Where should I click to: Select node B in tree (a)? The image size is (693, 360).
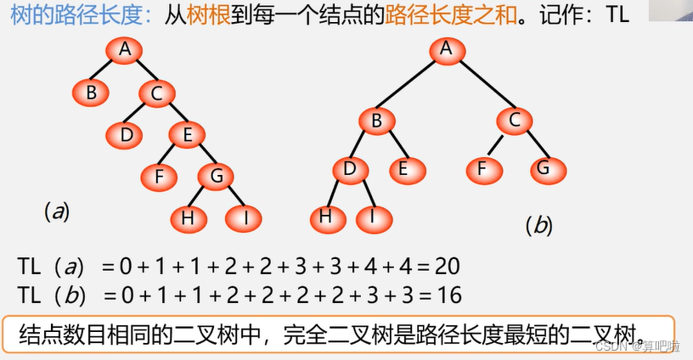(90, 92)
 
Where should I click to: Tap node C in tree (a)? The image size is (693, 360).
(156, 93)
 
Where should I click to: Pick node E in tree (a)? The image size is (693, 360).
(187, 134)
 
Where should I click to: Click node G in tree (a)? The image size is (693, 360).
(217, 176)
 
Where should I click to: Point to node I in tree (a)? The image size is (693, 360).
(246, 217)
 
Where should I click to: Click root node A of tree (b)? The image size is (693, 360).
(446, 48)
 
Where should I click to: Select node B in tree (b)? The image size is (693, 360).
(376, 121)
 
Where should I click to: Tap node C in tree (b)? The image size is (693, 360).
(515, 121)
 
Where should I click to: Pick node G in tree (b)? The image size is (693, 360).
(544, 168)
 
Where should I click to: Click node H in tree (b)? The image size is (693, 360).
(324, 217)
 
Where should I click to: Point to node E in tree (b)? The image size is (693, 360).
(403, 168)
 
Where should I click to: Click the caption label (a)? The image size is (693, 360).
(56, 211)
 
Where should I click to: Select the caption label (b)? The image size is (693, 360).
(538, 225)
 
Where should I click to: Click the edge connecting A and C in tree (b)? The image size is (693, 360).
(481, 85)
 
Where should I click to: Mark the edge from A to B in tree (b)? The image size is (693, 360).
(411, 85)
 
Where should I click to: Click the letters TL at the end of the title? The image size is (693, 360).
(617, 15)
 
